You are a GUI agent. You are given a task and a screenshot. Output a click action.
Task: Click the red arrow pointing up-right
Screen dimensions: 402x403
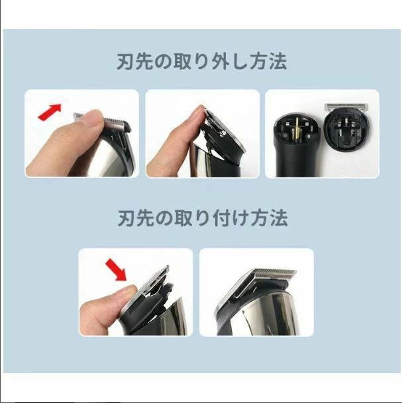pos(50,112)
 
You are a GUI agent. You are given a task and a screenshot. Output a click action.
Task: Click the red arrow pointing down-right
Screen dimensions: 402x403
pos(117,269)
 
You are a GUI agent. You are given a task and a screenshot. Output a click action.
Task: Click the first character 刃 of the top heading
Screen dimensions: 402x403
pos(125,62)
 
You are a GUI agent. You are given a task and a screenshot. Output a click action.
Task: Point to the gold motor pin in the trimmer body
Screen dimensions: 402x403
pos(295,130)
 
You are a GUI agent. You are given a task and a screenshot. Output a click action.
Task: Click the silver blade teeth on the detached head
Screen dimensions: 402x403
pos(346,107)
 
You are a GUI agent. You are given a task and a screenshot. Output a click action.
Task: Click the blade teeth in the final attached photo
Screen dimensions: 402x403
pos(275,273)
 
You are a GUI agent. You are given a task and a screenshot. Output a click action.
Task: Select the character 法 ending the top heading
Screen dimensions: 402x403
pos(278,62)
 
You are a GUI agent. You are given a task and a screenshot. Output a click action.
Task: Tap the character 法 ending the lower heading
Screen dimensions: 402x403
pos(279,218)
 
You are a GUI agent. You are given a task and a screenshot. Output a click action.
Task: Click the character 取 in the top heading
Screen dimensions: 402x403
pos(183,62)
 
